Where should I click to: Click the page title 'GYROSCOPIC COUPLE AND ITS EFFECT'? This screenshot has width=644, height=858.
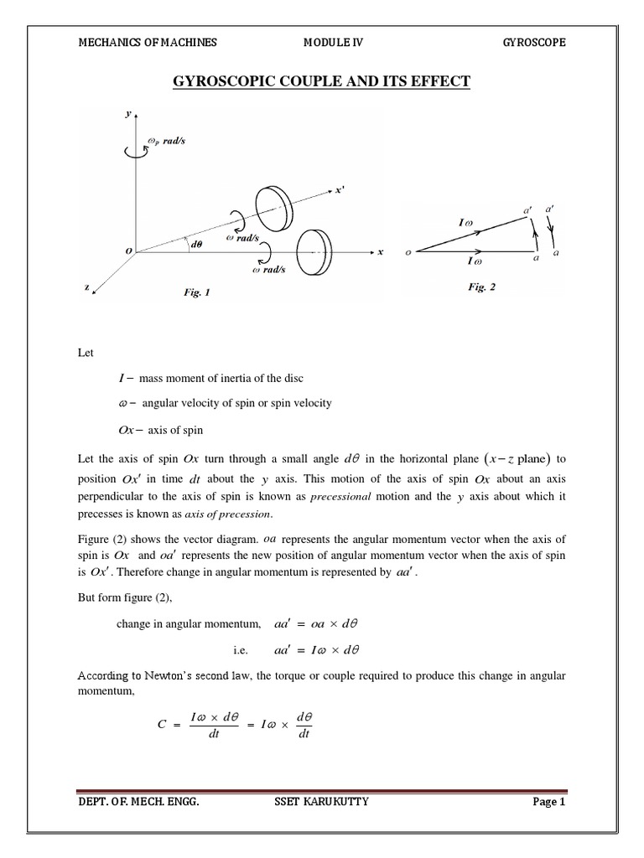321,81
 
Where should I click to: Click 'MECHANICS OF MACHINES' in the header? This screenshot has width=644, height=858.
135,43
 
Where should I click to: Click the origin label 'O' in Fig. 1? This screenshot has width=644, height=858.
128,251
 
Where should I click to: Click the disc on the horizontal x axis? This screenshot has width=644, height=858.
315,250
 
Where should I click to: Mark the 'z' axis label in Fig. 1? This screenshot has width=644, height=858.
86,287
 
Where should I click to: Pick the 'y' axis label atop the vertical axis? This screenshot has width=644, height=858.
127,114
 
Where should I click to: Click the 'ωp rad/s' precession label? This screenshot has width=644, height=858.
165,140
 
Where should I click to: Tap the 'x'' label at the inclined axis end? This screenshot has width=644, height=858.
340,190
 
